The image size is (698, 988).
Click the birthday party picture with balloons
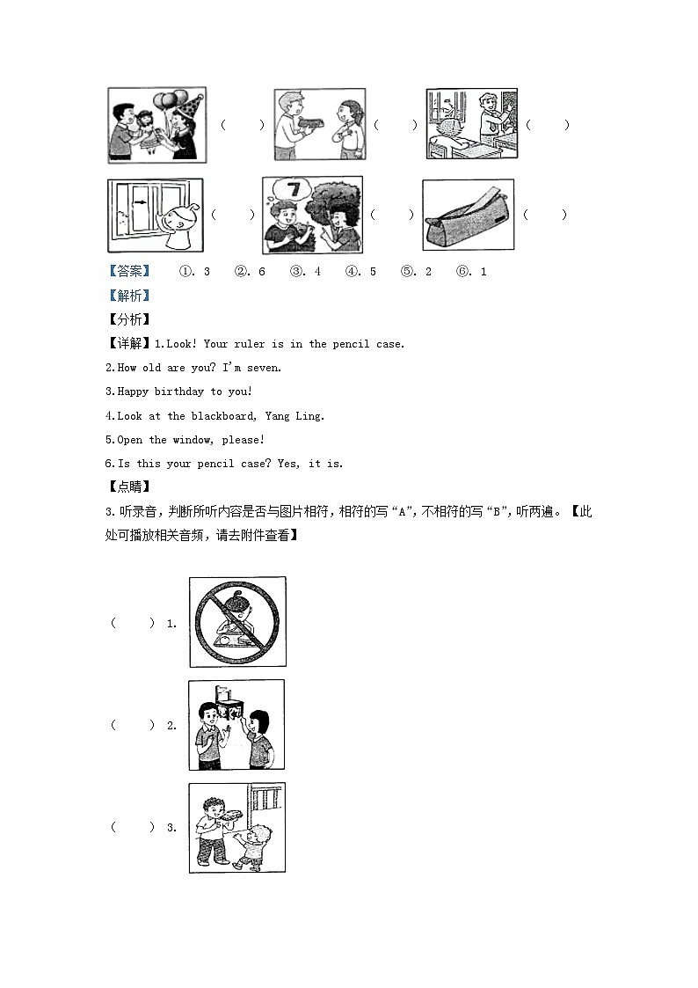pos(156,125)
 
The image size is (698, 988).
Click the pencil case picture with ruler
pos(468,216)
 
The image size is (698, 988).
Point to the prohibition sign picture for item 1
pos(237,622)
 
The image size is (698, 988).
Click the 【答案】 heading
pos(129,272)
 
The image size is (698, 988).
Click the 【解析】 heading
pos(129,296)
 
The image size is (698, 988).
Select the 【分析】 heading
pos(129,319)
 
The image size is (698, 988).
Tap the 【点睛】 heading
pos(129,487)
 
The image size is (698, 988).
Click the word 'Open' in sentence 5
pos(130,440)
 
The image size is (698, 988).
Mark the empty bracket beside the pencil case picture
pos(545,215)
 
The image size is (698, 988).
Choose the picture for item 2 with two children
pos(237,725)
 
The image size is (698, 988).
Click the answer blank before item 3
pos(133,827)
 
